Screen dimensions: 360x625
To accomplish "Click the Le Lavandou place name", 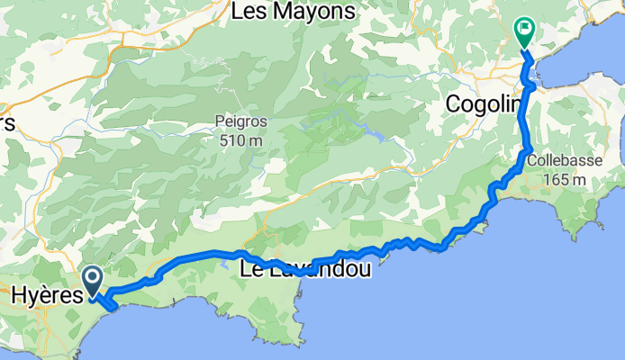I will click(306, 268).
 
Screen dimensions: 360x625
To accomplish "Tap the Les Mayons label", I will click(294, 12).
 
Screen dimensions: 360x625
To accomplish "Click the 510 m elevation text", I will click(240, 139).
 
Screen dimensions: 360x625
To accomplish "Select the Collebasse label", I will click(558, 163).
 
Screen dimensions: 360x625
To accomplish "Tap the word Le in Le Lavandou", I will click(252, 268).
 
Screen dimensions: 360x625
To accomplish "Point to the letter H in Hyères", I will click(19, 293).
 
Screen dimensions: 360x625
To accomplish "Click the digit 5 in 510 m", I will click(222, 139).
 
